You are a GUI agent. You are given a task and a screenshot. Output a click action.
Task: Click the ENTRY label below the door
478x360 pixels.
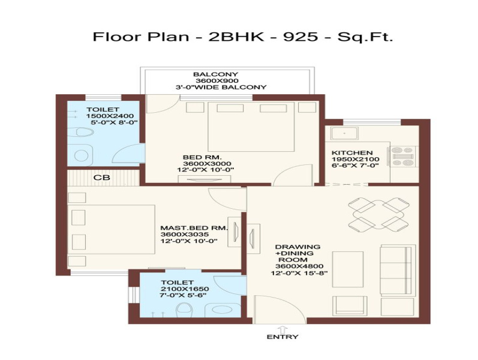click(x=282, y=337)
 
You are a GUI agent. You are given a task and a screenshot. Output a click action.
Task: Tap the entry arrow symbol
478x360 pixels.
click(x=282, y=329)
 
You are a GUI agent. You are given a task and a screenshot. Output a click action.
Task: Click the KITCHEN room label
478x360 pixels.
click(x=352, y=152)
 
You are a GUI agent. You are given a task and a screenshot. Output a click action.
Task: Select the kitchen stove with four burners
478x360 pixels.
click(x=402, y=157)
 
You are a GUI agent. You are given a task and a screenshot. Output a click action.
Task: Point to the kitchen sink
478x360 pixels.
click(x=344, y=133)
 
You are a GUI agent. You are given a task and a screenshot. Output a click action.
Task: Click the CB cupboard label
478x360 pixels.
click(x=102, y=177)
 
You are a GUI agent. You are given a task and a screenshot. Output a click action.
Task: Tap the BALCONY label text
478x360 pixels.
click(x=215, y=74)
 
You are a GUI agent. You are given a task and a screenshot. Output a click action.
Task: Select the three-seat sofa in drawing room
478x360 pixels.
click(x=398, y=271)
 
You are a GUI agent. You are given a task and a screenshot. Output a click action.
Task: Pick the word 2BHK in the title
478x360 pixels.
click(x=236, y=37)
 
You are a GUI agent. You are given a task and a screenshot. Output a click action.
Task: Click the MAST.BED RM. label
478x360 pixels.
click(x=194, y=227)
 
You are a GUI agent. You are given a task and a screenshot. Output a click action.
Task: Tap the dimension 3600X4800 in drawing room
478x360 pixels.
click(x=299, y=266)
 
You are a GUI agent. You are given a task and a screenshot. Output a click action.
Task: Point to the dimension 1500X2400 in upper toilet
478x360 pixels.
click(x=110, y=116)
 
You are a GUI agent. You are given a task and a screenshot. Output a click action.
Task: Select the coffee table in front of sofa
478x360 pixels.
click(x=347, y=269)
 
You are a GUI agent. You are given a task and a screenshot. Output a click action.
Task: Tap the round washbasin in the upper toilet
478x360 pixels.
click(x=81, y=155)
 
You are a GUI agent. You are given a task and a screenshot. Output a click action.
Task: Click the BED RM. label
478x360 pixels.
click(x=202, y=157)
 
